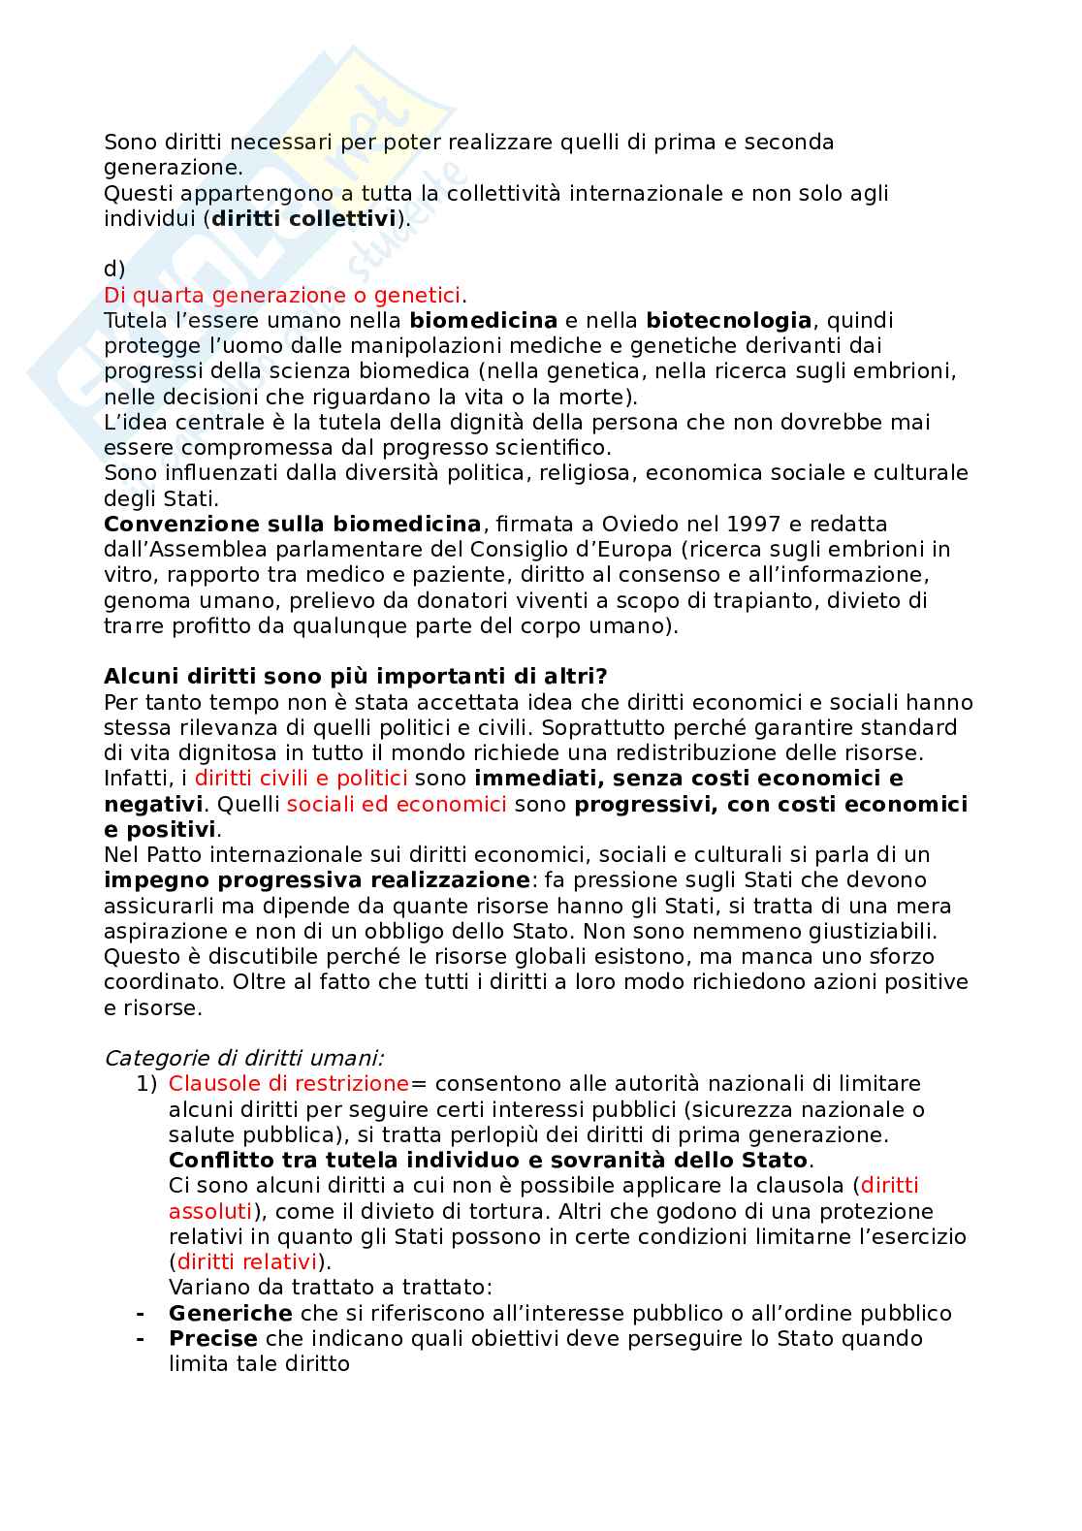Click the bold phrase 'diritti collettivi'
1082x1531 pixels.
tap(304, 219)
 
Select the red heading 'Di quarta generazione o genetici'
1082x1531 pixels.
tap(282, 295)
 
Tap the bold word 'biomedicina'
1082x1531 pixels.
tap(483, 321)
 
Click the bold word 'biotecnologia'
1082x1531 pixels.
tap(728, 321)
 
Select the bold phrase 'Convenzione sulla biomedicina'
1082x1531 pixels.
tap(292, 525)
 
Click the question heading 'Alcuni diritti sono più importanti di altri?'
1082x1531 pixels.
tap(356, 676)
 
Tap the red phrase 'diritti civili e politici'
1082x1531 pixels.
tap(301, 779)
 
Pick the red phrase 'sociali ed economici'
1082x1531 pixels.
tap(397, 805)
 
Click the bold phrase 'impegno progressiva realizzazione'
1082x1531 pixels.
tap(317, 880)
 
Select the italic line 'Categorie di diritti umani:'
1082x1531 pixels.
tap(243, 1058)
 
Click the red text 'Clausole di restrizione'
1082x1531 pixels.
tap(289, 1084)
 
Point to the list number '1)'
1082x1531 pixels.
tap(145, 1084)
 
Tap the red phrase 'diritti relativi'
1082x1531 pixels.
tap(247, 1262)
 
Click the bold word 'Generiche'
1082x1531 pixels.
tap(230, 1314)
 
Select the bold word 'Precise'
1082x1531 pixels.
tap(212, 1339)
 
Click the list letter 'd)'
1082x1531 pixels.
tap(114, 270)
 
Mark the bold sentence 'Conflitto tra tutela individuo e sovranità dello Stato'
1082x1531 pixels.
tap(488, 1161)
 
